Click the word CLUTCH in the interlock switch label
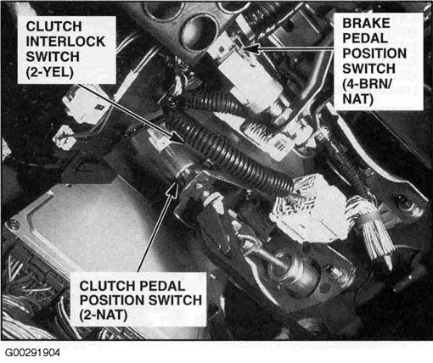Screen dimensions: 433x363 pyautogui.click(x=53, y=26)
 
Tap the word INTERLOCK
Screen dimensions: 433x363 pyautogui.click(x=65, y=42)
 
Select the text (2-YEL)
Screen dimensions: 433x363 pyautogui.click(x=50, y=72)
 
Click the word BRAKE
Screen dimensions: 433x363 pyautogui.click(x=366, y=23)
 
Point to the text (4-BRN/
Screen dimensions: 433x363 pyautogui.click(x=368, y=84)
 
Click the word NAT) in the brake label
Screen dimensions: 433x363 pyautogui.click(x=358, y=99)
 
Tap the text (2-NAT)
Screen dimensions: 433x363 pyautogui.click(x=104, y=316)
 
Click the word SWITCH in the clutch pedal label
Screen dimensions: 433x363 pyautogui.click(x=175, y=300)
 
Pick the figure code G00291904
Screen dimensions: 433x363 pyautogui.click(x=32, y=353)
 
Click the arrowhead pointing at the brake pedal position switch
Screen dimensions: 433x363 pyautogui.click(x=251, y=48)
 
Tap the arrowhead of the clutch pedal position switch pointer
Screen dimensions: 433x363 pyautogui.click(x=174, y=187)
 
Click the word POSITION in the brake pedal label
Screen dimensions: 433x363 pyautogui.click(x=374, y=53)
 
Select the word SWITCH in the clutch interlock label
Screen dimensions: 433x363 pyautogui.click(x=53, y=57)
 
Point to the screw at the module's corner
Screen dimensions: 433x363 pyautogui.click(x=11, y=225)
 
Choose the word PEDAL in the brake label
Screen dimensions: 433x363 pyautogui.click(x=365, y=38)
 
